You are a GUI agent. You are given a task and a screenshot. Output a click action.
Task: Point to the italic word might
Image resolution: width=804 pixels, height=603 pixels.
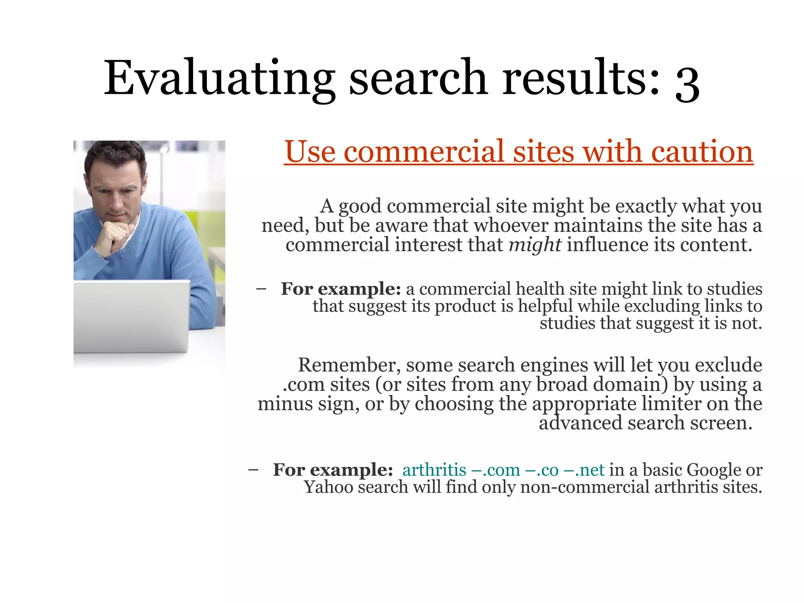point(535,245)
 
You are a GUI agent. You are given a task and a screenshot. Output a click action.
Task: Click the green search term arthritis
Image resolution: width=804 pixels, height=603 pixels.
point(434,470)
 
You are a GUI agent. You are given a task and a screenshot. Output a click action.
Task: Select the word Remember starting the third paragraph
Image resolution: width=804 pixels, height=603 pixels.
point(349,365)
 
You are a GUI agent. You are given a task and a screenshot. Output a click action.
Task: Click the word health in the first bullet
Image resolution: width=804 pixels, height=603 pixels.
point(540,289)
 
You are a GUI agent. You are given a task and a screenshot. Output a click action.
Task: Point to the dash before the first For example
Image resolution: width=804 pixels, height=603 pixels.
point(261,289)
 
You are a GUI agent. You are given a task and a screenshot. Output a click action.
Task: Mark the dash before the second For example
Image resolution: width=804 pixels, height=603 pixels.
point(253,470)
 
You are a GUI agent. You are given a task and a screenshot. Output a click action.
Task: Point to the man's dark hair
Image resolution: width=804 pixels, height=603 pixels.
point(114,157)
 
